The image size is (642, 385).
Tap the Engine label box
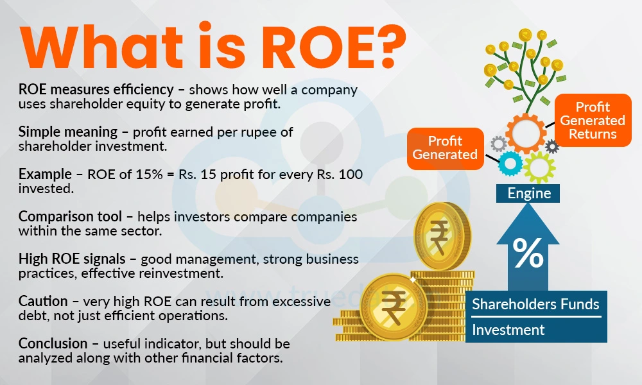pyautogui.click(x=528, y=193)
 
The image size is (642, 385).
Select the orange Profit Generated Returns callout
pyautogui.click(x=593, y=120)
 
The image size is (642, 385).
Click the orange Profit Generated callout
pyautogui.click(x=445, y=148)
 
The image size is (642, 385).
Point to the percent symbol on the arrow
pyautogui.click(x=528, y=253)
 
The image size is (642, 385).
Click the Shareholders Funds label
pyautogui.click(x=535, y=304)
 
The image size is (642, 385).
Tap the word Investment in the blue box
pyautogui.click(x=508, y=330)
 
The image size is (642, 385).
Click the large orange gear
pyautogui.click(x=526, y=133)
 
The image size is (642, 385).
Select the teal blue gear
pyautogui.click(x=510, y=164)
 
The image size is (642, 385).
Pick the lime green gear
pyautogui.click(x=539, y=167)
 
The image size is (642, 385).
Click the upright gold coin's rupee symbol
pyautogui.click(x=438, y=236)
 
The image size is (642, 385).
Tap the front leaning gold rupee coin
pyautogui.click(x=393, y=307)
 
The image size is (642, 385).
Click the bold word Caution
pyautogui.click(x=43, y=301)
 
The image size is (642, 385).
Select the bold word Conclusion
pyautogui.click(x=53, y=343)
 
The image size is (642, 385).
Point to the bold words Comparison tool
pyautogui.click(x=70, y=216)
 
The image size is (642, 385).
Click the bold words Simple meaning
pyautogui.click(x=68, y=132)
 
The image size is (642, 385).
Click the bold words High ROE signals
pyautogui.click(x=72, y=259)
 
